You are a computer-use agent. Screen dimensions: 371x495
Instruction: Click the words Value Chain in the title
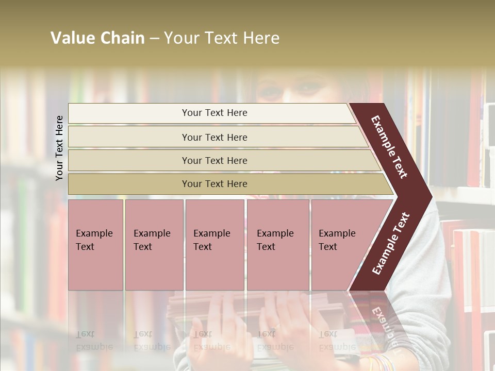97,38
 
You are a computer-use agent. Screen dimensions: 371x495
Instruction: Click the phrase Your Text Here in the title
222,38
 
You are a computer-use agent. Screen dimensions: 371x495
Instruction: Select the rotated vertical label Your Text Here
59,148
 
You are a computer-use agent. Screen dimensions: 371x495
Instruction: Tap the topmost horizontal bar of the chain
214,113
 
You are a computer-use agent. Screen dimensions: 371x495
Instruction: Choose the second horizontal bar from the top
214,137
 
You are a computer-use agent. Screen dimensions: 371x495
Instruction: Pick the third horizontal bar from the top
214,160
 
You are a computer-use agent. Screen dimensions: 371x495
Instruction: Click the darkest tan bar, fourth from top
214,184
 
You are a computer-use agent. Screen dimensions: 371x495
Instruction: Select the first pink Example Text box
95,244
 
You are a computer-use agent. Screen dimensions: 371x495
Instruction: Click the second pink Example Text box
154,244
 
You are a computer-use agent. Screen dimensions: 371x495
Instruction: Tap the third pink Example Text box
214,244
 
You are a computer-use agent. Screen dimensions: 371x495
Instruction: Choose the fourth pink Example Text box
277,244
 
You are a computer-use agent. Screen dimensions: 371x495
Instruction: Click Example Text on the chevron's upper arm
390,147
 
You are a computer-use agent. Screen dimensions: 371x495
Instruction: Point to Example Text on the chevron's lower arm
390,244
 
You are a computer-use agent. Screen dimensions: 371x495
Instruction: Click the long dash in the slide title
154,38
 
